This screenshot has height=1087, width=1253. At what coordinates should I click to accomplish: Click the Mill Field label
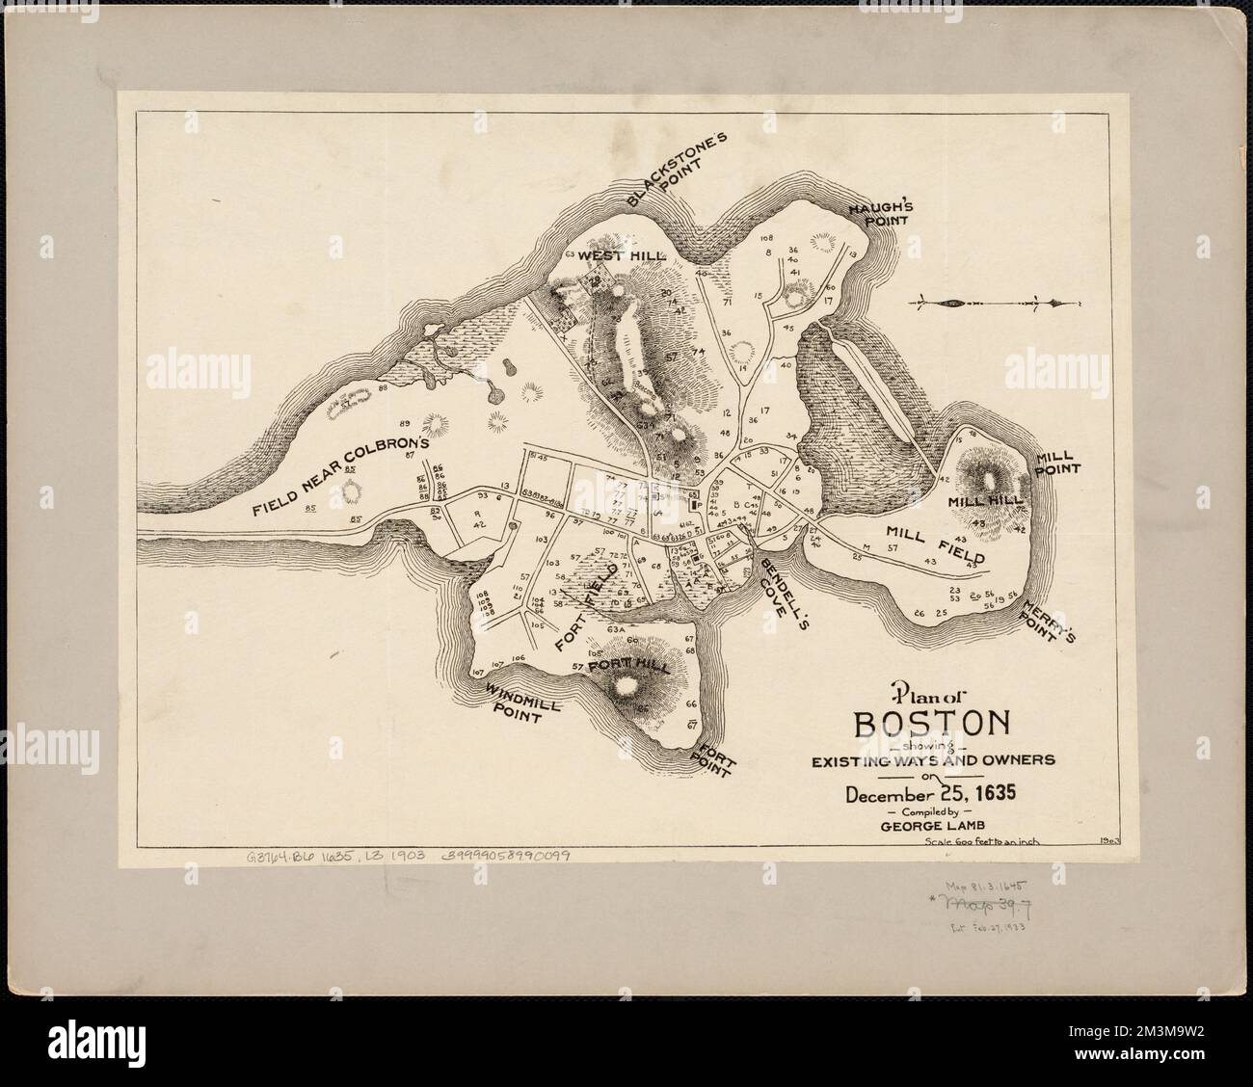pyautogui.click(x=933, y=543)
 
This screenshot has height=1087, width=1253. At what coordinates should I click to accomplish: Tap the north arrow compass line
pyautogui.click(x=988, y=305)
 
